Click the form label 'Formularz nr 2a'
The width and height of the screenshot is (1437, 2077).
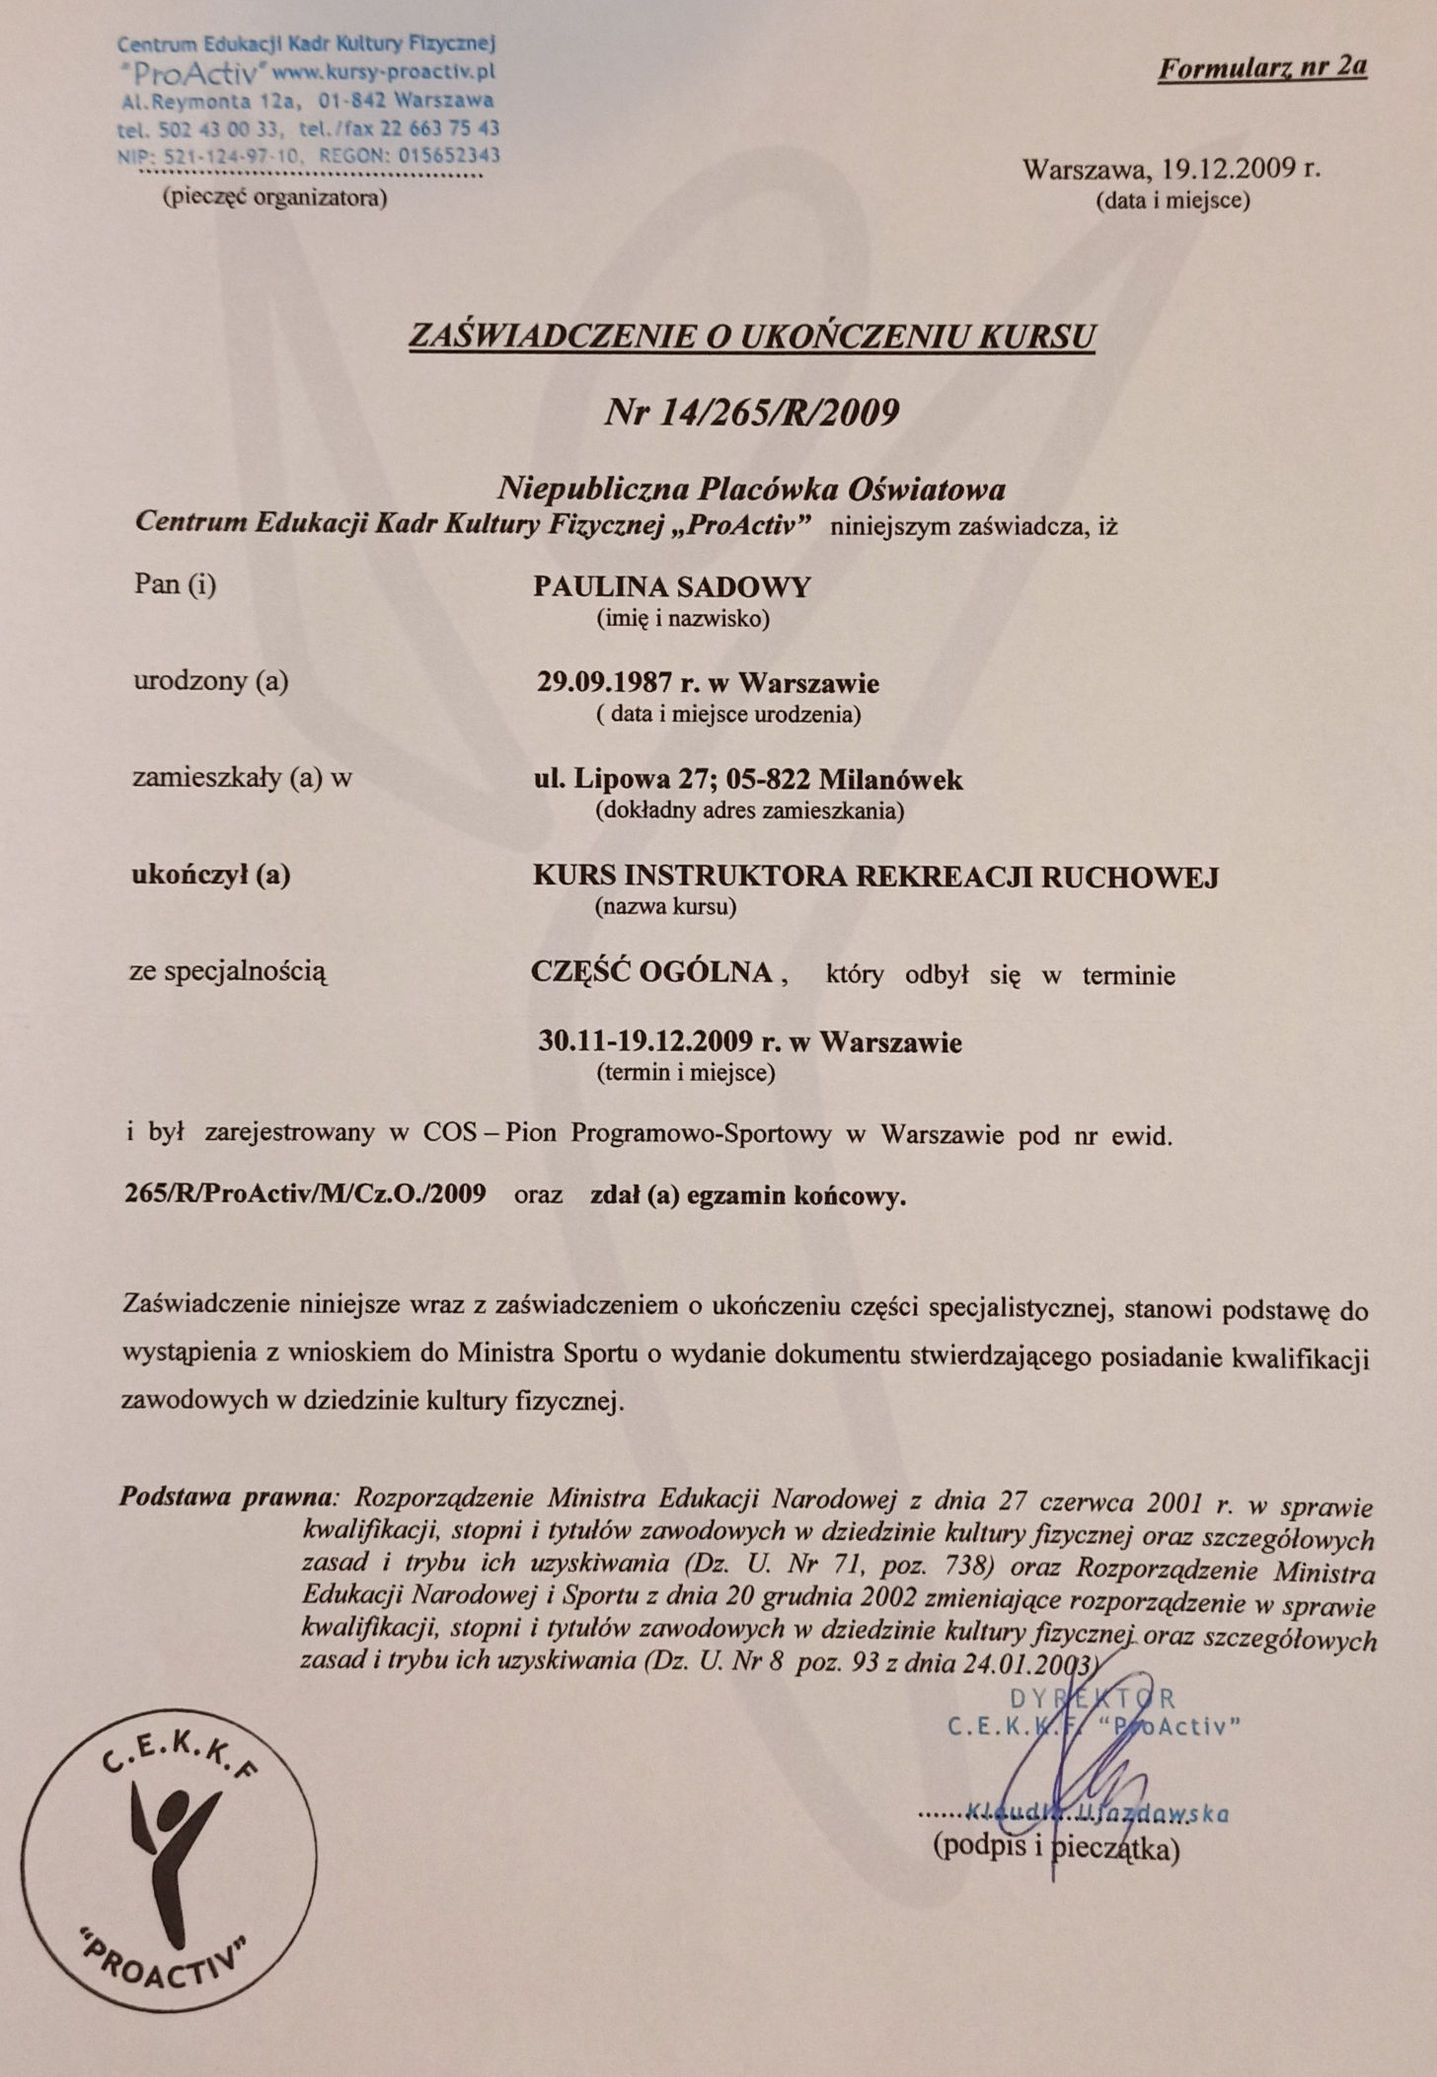[1261, 68]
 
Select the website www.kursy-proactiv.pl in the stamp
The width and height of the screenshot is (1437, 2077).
[383, 72]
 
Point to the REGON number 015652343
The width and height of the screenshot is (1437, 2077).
[449, 155]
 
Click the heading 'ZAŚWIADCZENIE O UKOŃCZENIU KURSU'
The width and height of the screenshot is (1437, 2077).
[752, 337]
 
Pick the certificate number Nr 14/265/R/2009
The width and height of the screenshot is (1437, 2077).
[751, 411]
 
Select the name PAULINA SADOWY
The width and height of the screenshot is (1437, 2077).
[671, 587]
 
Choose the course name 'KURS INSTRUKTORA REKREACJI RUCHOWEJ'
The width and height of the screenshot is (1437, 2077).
[875, 876]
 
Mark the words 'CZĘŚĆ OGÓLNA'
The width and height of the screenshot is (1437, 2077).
[651, 972]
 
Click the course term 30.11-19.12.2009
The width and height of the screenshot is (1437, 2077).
[645, 1041]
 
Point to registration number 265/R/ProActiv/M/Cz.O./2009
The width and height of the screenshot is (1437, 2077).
[305, 1194]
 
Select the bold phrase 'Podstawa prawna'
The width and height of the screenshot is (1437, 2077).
[226, 1497]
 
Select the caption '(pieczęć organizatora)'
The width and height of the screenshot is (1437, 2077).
[274, 197]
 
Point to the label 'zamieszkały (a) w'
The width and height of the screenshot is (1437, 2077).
[242, 778]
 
